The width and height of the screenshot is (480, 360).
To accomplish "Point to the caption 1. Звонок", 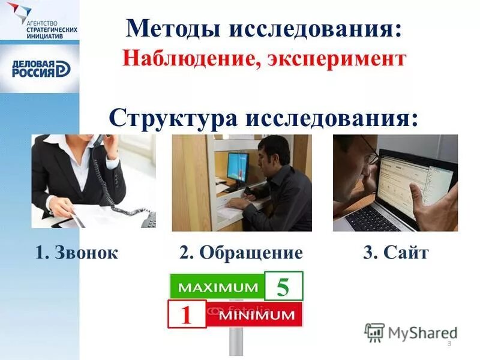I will (x=76, y=253).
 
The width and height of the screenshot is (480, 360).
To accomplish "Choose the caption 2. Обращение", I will (x=241, y=253).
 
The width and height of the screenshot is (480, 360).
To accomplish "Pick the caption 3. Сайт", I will (x=395, y=253).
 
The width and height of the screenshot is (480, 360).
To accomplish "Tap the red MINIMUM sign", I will (x=255, y=314).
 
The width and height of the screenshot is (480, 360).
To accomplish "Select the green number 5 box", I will (x=283, y=286).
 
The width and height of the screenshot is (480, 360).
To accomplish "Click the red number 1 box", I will (x=186, y=314).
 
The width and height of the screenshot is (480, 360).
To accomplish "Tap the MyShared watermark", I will (x=410, y=332).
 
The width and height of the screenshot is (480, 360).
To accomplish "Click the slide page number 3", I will (x=449, y=343).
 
